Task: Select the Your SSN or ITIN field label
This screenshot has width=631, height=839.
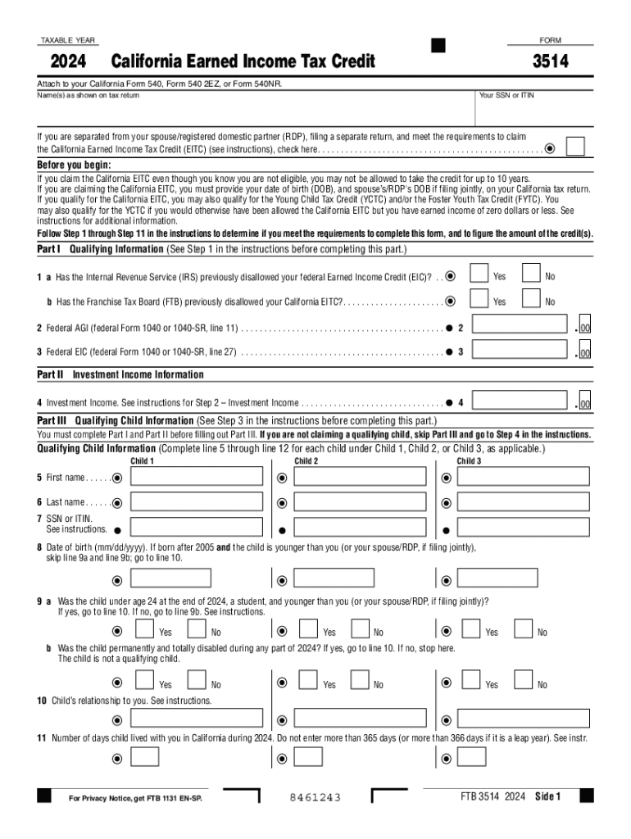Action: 506,96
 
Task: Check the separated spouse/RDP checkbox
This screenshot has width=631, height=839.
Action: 575,147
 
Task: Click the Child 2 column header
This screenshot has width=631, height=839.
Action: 306,461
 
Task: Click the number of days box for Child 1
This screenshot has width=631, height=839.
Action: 145,757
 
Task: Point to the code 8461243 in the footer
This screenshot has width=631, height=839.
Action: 315,797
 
